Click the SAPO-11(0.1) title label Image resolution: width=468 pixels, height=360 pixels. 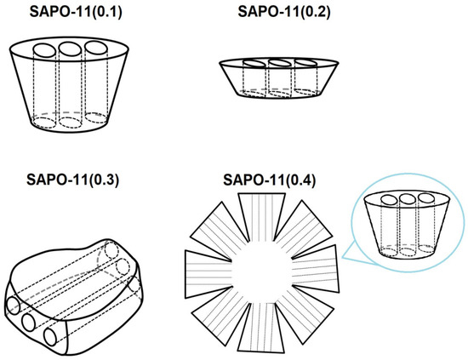click(x=76, y=12)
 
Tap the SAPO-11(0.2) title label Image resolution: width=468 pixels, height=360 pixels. click(x=284, y=12)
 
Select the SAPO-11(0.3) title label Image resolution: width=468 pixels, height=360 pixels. click(x=73, y=180)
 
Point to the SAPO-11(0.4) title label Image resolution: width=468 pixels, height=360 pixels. click(x=269, y=180)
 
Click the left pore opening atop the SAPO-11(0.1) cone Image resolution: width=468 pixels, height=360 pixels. click(x=44, y=50)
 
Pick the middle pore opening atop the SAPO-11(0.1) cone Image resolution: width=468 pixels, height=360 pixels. click(x=70, y=49)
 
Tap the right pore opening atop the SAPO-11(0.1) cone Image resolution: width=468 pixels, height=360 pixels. click(x=95, y=48)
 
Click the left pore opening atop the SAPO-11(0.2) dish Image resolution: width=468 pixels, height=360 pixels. click(x=254, y=64)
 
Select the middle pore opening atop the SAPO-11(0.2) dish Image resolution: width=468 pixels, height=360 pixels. click(x=280, y=63)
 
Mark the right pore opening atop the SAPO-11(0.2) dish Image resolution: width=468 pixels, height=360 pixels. click(x=305, y=63)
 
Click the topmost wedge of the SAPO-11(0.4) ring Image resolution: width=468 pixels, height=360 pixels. click(x=262, y=216)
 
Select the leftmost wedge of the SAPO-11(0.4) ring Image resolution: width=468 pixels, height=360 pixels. click(x=207, y=275)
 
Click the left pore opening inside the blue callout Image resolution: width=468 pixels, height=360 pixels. click(x=389, y=200)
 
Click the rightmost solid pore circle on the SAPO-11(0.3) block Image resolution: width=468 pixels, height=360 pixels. click(x=50, y=336)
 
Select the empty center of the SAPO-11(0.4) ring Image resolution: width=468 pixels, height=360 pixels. click(x=262, y=272)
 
